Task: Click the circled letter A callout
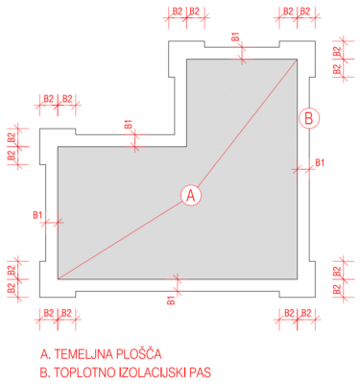point(191,195)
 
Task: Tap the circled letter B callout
point(309,118)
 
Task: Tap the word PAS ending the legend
point(201,372)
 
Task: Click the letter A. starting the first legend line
point(45,354)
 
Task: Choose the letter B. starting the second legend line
point(45,372)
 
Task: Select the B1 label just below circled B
point(320,162)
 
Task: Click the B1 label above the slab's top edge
point(235,36)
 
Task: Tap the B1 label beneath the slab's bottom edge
point(172,300)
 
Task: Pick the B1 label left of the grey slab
point(37,215)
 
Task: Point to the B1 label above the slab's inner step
point(128,124)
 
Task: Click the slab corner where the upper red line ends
point(297,60)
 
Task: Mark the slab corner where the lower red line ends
point(58,279)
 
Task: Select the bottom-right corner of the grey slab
point(297,279)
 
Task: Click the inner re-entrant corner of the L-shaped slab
point(187,147)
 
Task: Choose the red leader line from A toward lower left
point(120,240)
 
